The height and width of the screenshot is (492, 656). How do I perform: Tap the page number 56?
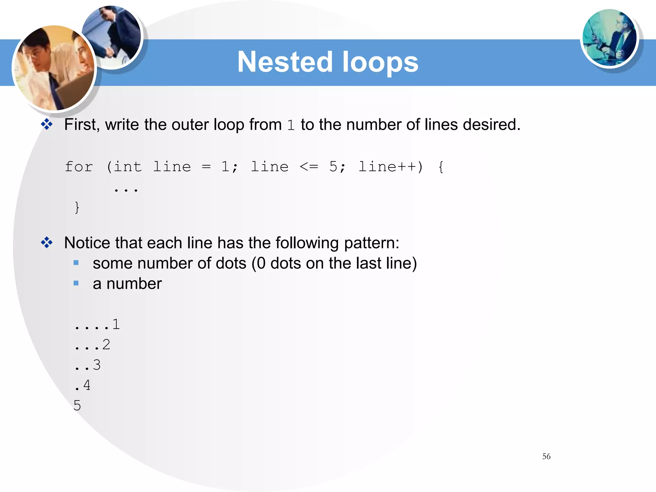[546, 456]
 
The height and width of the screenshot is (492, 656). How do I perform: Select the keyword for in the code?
[79, 167]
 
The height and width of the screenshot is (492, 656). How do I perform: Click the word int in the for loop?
[128, 167]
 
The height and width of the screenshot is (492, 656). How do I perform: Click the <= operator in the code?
[309, 167]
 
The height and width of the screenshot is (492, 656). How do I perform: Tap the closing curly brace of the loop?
[77, 207]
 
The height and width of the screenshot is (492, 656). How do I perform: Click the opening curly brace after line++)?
[441, 167]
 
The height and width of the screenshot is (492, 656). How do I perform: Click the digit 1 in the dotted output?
[116, 324]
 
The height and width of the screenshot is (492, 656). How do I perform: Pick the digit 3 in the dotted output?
[97, 365]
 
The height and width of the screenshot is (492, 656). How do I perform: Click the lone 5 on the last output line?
[77, 406]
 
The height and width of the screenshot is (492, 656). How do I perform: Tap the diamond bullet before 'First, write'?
[47, 124]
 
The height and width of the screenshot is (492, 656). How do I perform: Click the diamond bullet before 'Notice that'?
[47, 242]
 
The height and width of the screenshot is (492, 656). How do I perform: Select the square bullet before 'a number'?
[76, 283]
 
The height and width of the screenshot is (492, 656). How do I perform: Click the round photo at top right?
[609, 38]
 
